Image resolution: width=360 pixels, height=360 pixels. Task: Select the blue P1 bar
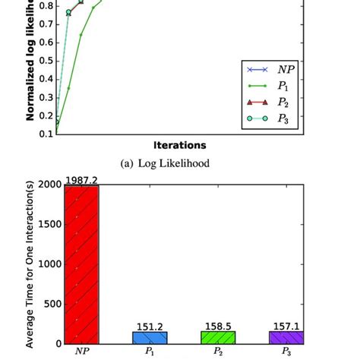[x=150, y=337]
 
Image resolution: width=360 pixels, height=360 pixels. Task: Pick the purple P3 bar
[x=286, y=337]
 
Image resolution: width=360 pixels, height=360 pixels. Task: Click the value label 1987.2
[x=81, y=178]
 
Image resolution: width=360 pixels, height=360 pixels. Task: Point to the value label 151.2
[x=150, y=326]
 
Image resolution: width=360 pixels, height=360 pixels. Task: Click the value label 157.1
[x=286, y=325]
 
